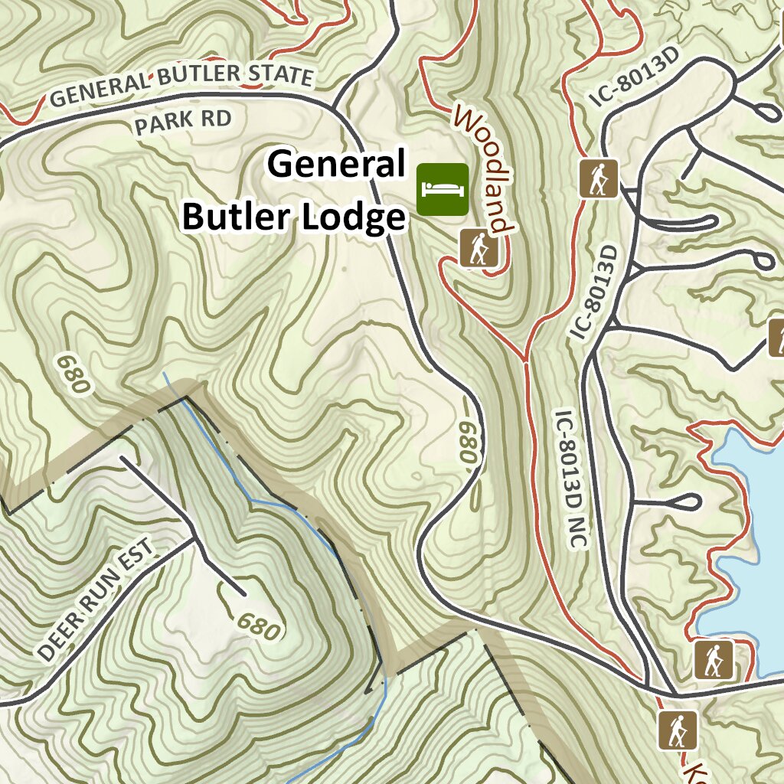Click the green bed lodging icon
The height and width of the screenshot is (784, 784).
pyautogui.click(x=443, y=188)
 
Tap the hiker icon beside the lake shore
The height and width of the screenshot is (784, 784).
pyautogui.click(x=714, y=659)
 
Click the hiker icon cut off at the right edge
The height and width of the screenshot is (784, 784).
pyautogui.click(x=776, y=338)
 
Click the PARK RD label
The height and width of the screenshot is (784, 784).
pyautogui.click(x=182, y=122)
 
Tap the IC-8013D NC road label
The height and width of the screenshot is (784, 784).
pyautogui.click(x=570, y=479)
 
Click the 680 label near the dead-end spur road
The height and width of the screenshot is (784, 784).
pyautogui.click(x=259, y=626)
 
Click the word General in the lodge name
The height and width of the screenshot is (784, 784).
pyautogui.click(x=337, y=164)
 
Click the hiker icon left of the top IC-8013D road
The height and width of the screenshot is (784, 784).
pyautogui.click(x=598, y=179)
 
